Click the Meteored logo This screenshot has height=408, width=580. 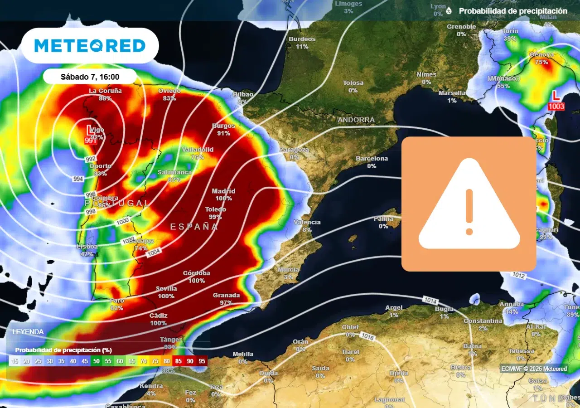(x=90, y=45)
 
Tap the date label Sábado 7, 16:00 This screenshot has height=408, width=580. (x=90, y=77)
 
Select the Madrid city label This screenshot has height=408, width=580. (x=223, y=191)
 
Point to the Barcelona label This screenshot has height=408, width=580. (x=372, y=159)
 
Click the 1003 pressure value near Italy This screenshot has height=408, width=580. (x=556, y=106)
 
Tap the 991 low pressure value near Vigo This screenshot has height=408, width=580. (x=91, y=141)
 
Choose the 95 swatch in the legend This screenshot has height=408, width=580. (x=202, y=361)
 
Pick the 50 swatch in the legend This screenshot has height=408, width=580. (x=96, y=361)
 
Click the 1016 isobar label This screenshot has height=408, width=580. (x=367, y=335)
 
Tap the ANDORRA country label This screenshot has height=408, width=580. (x=356, y=120)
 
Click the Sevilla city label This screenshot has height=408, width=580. (x=166, y=289)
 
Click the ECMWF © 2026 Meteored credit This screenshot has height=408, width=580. (x=534, y=369)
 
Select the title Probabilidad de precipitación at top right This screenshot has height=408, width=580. (x=512, y=11)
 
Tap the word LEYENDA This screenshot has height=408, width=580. (x=28, y=332)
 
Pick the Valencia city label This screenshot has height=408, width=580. (x=307, y=223)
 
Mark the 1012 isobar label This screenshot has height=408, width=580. (x=519, y=275)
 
